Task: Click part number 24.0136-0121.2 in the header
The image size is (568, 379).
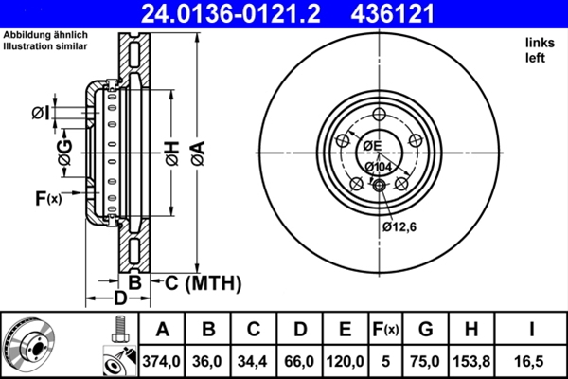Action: [230, 14]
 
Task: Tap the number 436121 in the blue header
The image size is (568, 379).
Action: [392, 14]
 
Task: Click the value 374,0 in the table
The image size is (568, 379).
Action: [162, 361]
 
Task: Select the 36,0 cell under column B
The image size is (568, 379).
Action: [206, 361]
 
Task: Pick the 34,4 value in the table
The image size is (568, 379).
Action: [253, 361]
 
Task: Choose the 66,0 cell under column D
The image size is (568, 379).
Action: [298, 361]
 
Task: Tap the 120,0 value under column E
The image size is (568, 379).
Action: [345, 361]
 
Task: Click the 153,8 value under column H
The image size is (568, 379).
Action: [471, 361]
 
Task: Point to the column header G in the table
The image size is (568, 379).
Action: [425, 330]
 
